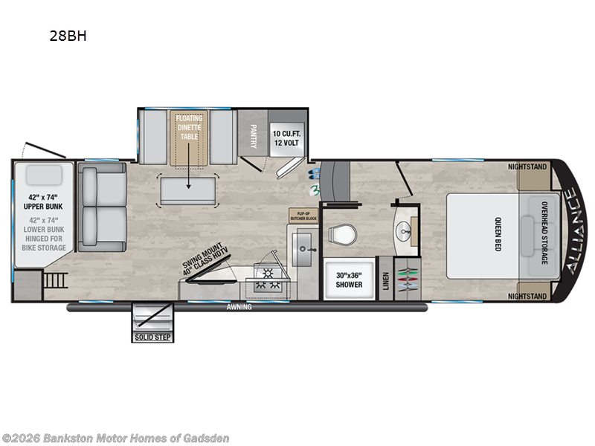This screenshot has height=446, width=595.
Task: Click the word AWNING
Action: [239, 306]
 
